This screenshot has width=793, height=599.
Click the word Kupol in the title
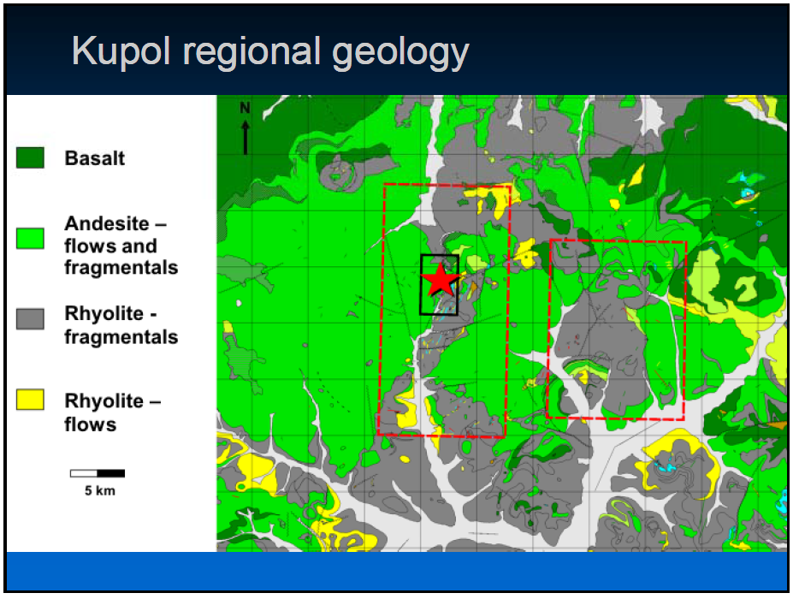tap(121, 51)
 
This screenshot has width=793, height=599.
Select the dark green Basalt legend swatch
tap(30, 157)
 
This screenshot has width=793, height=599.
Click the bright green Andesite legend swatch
tap(30, 238)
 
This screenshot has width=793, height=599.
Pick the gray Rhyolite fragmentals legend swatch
tap(30, 318)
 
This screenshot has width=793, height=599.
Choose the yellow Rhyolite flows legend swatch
tap(30, 399)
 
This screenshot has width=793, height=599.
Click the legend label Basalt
tap(95, 158)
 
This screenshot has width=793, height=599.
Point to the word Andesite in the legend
tap(107, 223)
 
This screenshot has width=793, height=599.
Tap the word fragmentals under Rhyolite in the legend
tap(121, 337)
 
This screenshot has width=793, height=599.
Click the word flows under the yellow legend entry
tap(91, 424)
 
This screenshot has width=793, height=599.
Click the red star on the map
tap(440, 280)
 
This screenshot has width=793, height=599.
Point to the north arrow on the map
tap(246, 137)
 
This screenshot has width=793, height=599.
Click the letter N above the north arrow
tap(246, 108)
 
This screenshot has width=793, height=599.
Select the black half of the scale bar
tap(110, 473)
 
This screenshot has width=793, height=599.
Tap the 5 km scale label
tap(99, 490)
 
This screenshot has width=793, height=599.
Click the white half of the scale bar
tap(84, 473)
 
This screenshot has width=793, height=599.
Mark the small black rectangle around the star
tap(421, 285)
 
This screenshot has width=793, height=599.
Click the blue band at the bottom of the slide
tap(397, 571)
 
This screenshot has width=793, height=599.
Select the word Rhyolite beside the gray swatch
tap(104, 314)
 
